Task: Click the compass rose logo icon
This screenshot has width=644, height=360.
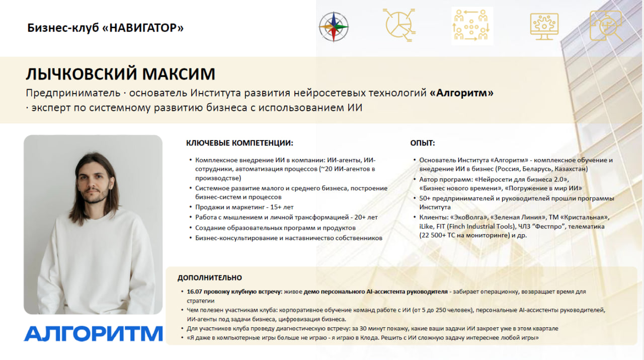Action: pyautogui.click(x=334, y=27)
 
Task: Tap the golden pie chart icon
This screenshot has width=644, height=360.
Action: pyautogui.click(x=399, y=25)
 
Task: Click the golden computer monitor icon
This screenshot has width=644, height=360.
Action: pyautogui.click(x=544, y=27)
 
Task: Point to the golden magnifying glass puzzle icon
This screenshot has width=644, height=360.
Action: pyautogui.click(x=606, y=26)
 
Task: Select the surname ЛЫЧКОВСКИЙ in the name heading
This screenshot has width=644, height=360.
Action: pyautogui.click(x=82, y=74)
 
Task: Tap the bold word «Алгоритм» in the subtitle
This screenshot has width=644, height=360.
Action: pyautogui.click(x=462, y=93)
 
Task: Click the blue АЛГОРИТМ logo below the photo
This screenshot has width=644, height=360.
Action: pyautogui.click(x=93, y=333)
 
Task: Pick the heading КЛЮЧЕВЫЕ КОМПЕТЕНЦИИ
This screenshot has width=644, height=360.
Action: pyautogui.click(x=239, y=143)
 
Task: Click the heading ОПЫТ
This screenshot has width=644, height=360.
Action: pyautogui.click(x=422, y=143)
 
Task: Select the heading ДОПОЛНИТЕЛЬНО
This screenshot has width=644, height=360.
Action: pyautogui.click(x=210, y=278)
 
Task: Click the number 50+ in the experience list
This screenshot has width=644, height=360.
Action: pyautogui.click(x=425, y=198)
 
